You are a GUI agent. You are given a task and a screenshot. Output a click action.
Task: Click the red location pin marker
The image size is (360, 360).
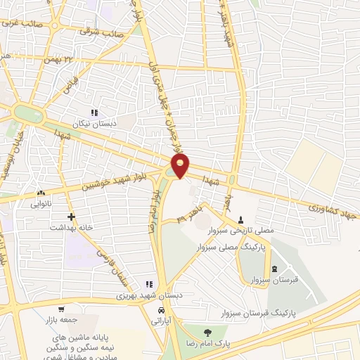(181, 165)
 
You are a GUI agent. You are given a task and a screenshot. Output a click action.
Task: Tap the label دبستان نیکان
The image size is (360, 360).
(94, 122)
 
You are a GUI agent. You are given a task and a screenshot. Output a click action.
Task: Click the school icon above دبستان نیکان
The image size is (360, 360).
(94, 112)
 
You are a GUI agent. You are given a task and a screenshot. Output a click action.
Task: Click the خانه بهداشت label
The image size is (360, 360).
(71, 228)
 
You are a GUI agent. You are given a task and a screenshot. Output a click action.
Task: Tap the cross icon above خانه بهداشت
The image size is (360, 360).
(70, 217)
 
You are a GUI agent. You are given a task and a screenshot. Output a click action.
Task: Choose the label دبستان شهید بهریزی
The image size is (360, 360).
(149, 295)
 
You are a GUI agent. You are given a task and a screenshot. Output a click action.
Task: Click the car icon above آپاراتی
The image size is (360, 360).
(162, 310)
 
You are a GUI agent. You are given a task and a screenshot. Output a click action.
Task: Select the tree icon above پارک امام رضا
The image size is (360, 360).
(207, 333)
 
